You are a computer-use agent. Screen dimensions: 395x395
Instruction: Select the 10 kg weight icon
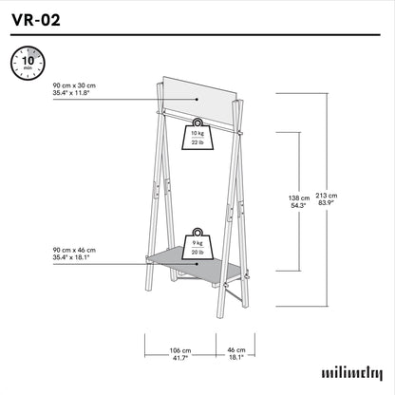[x=197, y=136]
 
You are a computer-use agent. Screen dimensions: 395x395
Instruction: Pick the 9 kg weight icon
[x=197, y=245]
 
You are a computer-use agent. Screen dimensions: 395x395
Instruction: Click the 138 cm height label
[x=299, y=198]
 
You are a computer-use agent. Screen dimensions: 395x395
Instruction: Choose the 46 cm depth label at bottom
[x=235, y=349]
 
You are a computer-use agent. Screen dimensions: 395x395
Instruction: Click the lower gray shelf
[x=195, y=266]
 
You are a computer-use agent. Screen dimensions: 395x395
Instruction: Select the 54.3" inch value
[x=299, y=205]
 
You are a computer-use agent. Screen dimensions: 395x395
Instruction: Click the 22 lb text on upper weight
[x=197, y=142]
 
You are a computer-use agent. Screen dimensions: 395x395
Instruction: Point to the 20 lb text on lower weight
[x=197, y=252]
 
